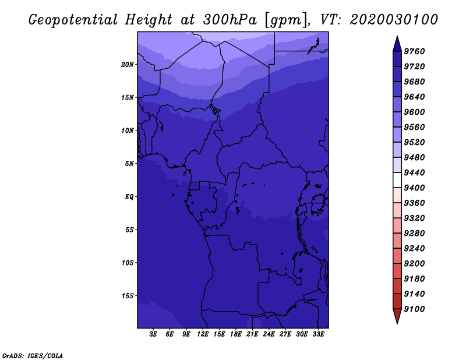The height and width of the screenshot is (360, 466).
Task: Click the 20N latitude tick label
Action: click(128, 65)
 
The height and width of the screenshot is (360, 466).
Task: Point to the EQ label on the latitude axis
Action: click(129, 197)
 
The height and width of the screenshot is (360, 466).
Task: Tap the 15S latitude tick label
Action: click(128, 296)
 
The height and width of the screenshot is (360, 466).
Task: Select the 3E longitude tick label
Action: click(153, 334)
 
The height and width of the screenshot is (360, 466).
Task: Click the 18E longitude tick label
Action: click(236, 334)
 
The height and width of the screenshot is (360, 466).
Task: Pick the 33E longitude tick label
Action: click(318, 334)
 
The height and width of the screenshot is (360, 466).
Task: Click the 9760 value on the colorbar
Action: click(414, 51)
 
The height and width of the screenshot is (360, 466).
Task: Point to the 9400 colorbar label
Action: click(414, 188)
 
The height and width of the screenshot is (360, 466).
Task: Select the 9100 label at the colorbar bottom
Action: click(414, 309)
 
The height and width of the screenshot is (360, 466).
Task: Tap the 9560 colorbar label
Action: click(414, 127)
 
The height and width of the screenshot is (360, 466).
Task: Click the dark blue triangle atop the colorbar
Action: click(397, 45)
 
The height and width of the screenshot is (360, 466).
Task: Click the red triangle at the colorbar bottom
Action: click(397, 315)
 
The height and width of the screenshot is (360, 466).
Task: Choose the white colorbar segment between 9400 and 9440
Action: click(397, 180)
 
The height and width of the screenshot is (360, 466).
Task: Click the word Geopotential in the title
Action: click(73, 20)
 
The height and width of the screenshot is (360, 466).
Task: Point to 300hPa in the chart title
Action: click(230, 20)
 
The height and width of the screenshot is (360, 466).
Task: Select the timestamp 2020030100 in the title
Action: click(394, 20)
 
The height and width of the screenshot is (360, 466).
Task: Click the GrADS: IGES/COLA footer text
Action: click(33, 356)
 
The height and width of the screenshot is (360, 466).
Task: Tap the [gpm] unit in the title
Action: click(287, 20)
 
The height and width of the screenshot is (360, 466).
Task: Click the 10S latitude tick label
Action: click(128, 263)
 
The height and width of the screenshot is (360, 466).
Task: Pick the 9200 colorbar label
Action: click(414, 264)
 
